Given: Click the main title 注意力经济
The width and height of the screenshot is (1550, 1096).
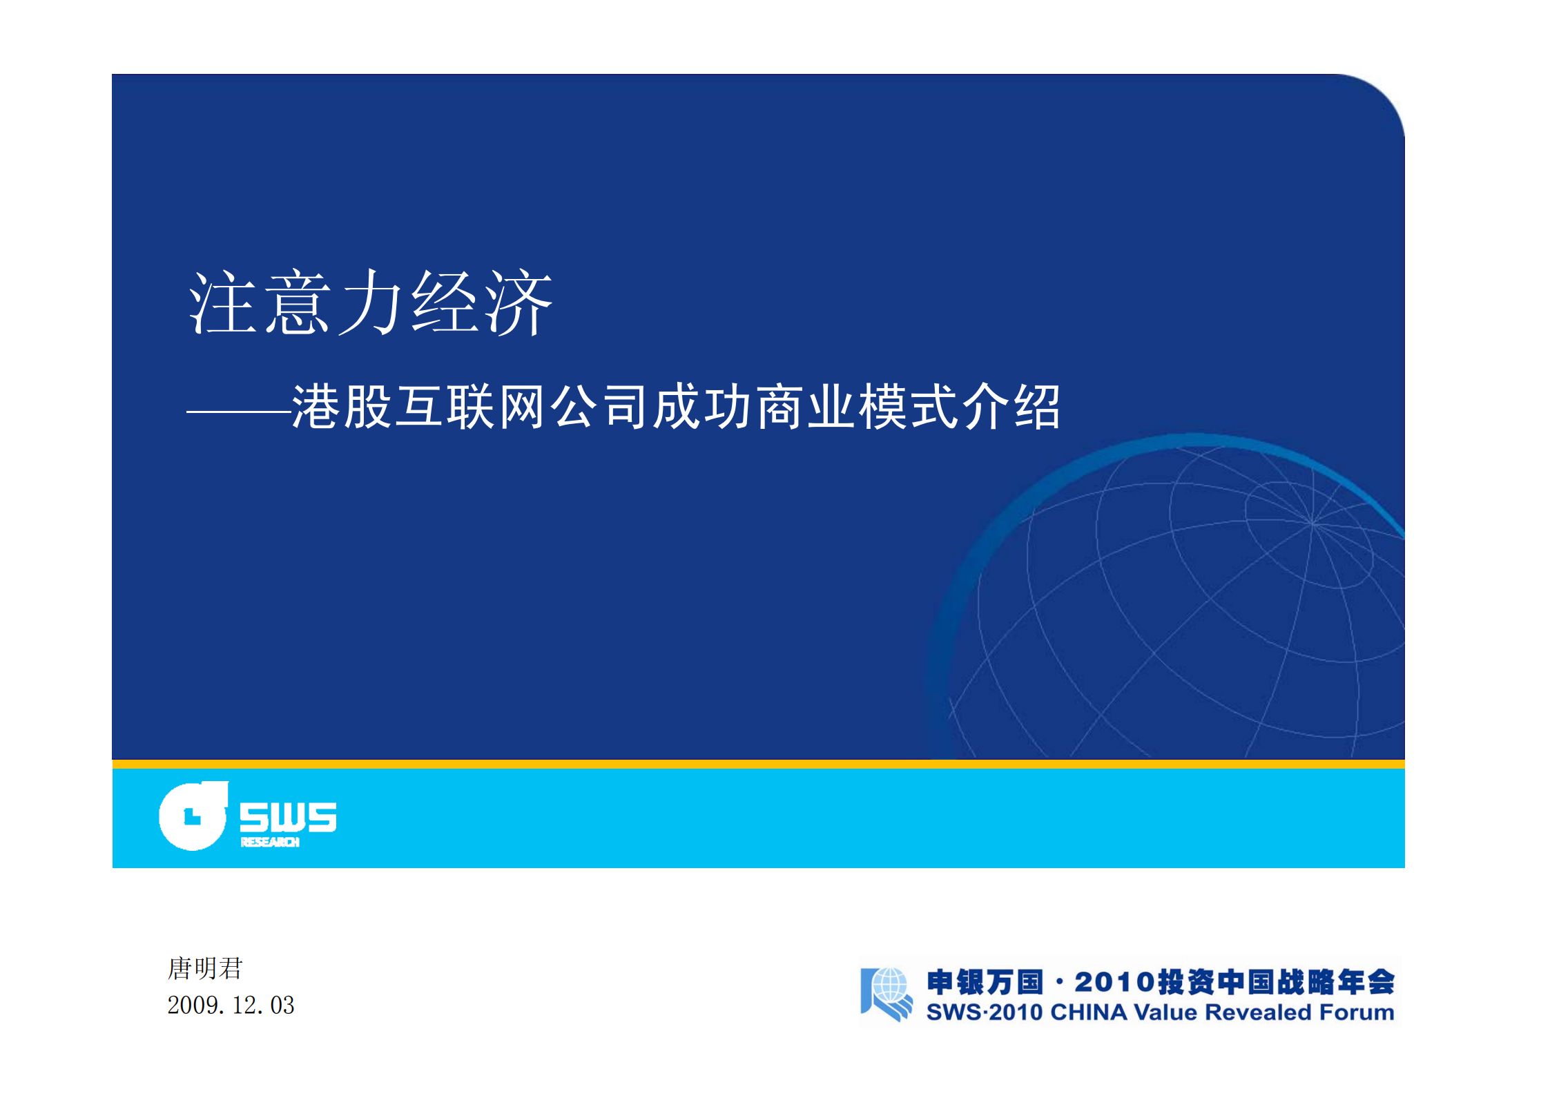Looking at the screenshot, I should tap(371, 302).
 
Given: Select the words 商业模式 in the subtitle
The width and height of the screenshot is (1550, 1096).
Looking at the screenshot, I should tap(831, 407).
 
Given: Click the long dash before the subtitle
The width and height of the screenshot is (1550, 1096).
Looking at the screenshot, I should tap(238, 412).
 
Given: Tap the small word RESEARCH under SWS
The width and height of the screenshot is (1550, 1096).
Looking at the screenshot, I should tap(270, 842).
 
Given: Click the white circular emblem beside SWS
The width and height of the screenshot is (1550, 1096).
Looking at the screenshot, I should tap(193, 816).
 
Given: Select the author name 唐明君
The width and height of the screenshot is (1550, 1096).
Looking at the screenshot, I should tap(205, 968).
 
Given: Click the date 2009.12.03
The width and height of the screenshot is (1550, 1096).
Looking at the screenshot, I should tap(231, 1005).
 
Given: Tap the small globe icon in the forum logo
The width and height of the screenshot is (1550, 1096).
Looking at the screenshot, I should tap(889, 986).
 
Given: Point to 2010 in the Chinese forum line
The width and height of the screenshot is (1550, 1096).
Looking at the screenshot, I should tap(1114, 982).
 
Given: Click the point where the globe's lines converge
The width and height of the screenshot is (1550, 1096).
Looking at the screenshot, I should tap(1312, 523).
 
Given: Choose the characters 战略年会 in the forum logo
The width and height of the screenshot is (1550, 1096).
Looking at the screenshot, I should tap(1336, 982).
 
